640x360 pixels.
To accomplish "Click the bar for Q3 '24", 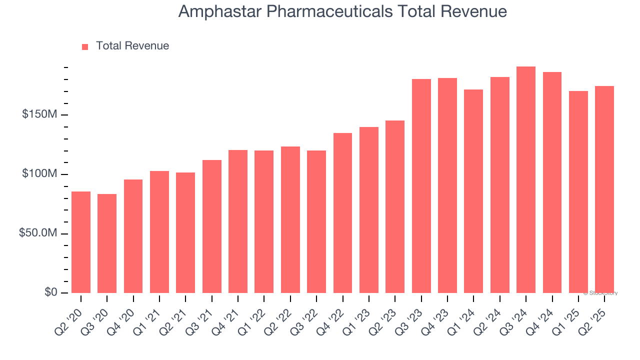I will coord(526,179).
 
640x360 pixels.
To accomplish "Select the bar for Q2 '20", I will coord(81,242).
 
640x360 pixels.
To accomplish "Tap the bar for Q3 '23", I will coord(421,186).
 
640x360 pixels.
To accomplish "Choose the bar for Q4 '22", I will coord(342,213).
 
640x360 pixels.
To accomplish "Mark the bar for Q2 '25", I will coord(604,189).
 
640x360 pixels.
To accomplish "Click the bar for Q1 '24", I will coord(473,191).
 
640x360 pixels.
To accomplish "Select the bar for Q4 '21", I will coord(238,221).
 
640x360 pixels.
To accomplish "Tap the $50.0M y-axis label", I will coord(38,233).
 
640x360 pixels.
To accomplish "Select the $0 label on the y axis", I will coord(50,292).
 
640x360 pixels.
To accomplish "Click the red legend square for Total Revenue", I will coord(85,46).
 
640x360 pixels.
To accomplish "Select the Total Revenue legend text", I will coord(132,46).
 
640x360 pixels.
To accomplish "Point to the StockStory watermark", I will coord(600,293).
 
